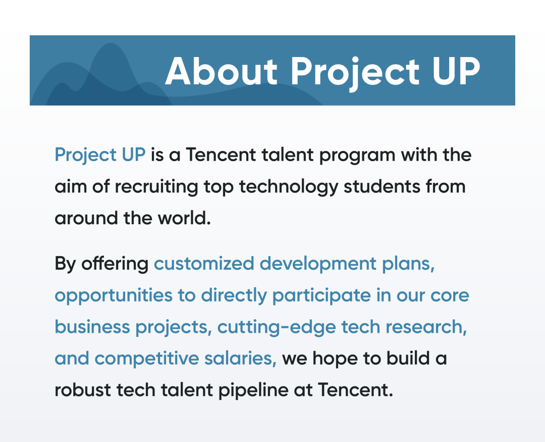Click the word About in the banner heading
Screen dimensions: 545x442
(x=222, y=71)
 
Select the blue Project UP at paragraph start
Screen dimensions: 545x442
(x=100, y=155)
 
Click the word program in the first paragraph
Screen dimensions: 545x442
(x=357, y=156)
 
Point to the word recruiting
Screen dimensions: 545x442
(x=156, y=187)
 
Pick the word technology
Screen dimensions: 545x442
(x=289, y=187)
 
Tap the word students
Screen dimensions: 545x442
(x=381, y=186)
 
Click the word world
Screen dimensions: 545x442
(x=184, y=218)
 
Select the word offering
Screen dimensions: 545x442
(x=115, y=264)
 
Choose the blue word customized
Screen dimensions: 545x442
(x=204, y=264)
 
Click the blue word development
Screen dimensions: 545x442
(x=318, y=264)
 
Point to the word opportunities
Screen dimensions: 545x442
(x=114, y=296)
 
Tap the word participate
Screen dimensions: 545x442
(x=321, y=296)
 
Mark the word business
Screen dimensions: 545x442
(x=92, y=327)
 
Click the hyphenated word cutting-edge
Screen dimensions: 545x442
(x=277, y=327)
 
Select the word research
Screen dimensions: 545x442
(x=409, y=327)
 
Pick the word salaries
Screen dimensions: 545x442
(x=240, y=359)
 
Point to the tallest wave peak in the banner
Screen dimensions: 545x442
(x=111, y=43)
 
